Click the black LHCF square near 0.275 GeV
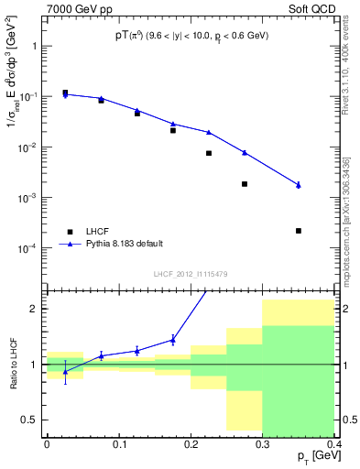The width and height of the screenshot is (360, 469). (x=245, y=184)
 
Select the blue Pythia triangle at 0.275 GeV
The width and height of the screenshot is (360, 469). (x=245, y=152)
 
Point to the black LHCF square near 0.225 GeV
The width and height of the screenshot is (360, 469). (x=209, y=153)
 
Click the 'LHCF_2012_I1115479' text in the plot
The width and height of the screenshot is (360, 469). (x=190, y=275)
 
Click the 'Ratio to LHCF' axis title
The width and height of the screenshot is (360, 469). (x=12, y=364)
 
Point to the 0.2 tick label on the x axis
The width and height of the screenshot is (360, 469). (x=191, y=443)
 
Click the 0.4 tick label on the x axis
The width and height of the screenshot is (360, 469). (x=334, y=443)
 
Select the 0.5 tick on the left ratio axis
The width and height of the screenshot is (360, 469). (x=33, y=420)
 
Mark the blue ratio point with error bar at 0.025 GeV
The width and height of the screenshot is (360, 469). (x=65, y=371)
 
